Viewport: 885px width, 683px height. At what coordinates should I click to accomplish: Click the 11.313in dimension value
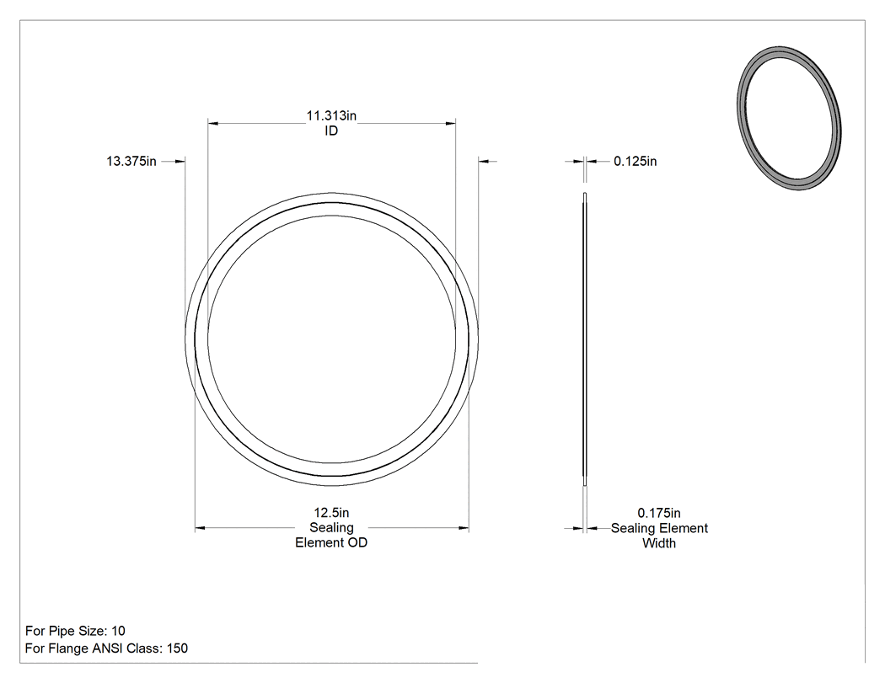coord(331,115)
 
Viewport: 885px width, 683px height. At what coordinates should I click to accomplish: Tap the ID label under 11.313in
coord(331,131)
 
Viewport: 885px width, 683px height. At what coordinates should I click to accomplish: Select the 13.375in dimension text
coord(131,162)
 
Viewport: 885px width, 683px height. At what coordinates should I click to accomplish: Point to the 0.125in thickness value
coord(635,162)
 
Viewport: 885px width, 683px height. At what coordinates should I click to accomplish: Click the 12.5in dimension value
coord(331,513)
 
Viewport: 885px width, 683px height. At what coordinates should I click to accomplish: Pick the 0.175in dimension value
coord(658,513)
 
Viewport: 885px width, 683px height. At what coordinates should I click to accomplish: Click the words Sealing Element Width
coord(659,536)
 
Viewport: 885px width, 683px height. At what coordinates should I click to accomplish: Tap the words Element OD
coord(331,542)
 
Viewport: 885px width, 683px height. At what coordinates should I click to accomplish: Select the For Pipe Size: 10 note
coord(75,631)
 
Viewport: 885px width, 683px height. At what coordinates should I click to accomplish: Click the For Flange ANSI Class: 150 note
coord(106,648)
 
